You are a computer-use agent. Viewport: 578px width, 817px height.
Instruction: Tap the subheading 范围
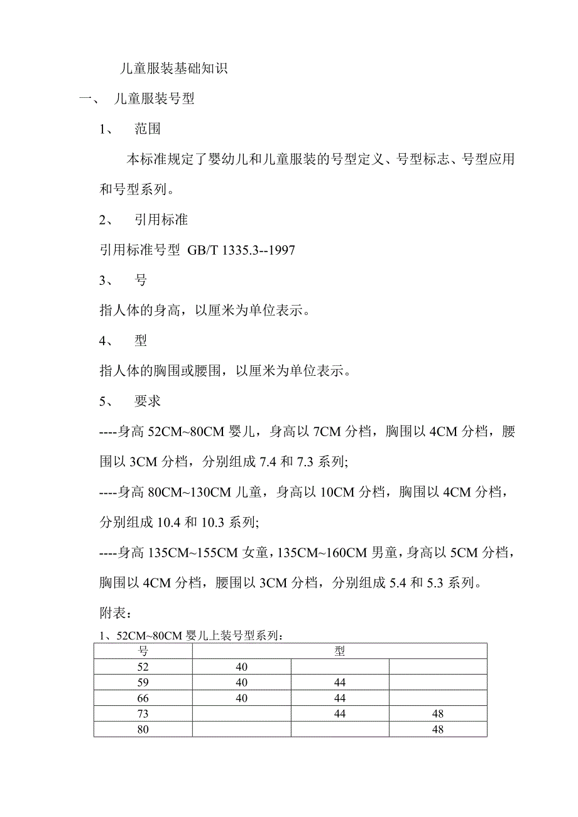pos(148,129)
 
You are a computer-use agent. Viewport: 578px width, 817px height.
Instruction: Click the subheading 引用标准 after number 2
pos(161,220)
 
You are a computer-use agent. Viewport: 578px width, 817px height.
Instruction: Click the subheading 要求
pos(148,402)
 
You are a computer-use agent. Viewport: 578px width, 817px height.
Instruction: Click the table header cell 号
pos(143,651)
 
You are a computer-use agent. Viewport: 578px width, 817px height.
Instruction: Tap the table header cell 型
pos(339,651)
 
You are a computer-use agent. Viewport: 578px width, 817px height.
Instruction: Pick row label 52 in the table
pos(143,667)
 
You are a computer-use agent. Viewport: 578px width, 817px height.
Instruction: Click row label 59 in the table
pos(143,683)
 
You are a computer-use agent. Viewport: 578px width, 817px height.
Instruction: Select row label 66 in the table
pos(143,698)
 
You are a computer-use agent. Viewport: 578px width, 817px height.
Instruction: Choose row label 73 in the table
pos(143,714)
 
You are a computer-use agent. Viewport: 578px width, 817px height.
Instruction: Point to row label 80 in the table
pos(143,730)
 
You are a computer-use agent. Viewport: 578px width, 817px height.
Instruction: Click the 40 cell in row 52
pos(241,667)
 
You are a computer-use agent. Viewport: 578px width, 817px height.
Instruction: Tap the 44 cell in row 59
pos(339,683)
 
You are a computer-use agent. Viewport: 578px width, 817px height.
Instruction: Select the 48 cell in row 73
pos(438,714)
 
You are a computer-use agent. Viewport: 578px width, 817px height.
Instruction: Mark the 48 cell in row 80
pos(438,730)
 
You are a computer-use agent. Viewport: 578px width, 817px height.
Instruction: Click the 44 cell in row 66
pos(339,698)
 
